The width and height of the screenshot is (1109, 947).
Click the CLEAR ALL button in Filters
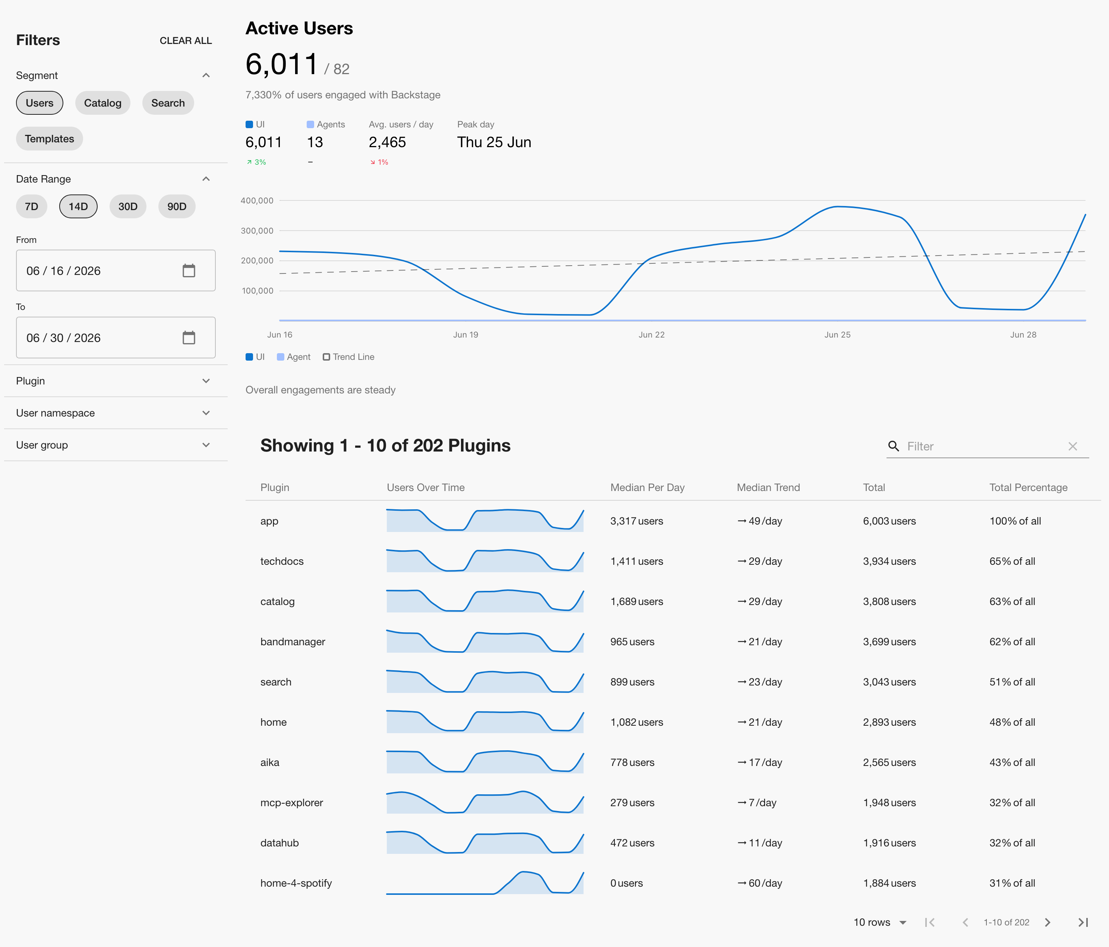[x=186, y=41]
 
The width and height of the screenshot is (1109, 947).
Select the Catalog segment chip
[x=103, y=103]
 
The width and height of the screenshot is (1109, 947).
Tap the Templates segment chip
[x=49, y=139]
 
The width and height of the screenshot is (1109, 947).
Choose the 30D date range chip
[x=128, y=206]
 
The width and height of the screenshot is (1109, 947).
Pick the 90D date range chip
[x=177, y=206]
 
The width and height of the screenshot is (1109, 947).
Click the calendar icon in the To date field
[x=189, y=338]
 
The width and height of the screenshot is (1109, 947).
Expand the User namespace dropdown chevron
[x=206, y=413]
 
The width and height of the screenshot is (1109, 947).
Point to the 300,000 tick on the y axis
[x=257, y=231]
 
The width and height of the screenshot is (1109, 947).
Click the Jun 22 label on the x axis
[x=651, y=335]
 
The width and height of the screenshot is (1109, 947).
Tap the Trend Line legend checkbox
[x=326, y=357]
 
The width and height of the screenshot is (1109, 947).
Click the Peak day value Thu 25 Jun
[x=494, y=142]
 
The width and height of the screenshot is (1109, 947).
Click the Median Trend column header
[x=768, y=487]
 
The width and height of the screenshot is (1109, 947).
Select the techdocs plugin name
[x=282, y=561]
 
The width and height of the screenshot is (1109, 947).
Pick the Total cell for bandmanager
[x=889, y=642]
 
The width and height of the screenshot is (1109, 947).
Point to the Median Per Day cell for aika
[x=632, y=763]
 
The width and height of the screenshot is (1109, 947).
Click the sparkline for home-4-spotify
[x=485, y=883]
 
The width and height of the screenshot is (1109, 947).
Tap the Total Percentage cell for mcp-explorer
[x=1012, y=802]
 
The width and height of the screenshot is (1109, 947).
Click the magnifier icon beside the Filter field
[x=893, y=446]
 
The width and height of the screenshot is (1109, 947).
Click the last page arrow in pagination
[x=1083, y=922]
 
